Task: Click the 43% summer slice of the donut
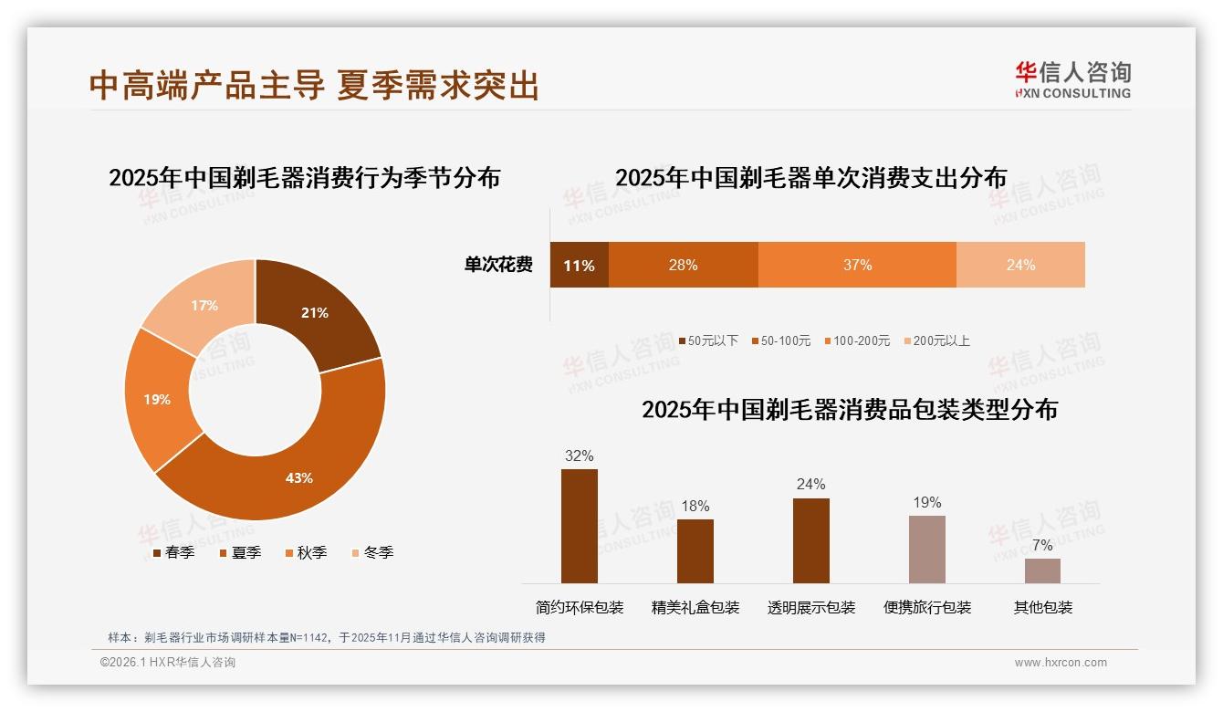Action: click(x=299, y=477)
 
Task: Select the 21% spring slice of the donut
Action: click(x=315, y=313)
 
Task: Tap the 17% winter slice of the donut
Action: click(x=204, y=306)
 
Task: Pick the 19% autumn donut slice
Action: click(x=157, y=399)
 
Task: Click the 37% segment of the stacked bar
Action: click(x=857, y=265)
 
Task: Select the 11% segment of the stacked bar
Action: click(x=579, y=266)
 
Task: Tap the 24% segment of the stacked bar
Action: click(x=1020, y=265)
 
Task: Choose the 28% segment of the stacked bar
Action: click(x=683, y=265)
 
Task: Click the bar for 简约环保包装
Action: click(x=580, y=526)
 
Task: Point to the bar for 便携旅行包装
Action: click(x=926, y=549)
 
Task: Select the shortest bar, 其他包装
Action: click(x=1042, y=571)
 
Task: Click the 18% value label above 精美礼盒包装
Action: click(x=695, y=507)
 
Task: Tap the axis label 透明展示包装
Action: click(x=811, y=608)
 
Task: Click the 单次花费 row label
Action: click(x=498, y=266)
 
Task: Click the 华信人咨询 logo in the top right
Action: click(x=1072, y=79)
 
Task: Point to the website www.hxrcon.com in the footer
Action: click(x=1061, y=663)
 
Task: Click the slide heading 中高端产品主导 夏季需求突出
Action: click(x=314, y=86)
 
